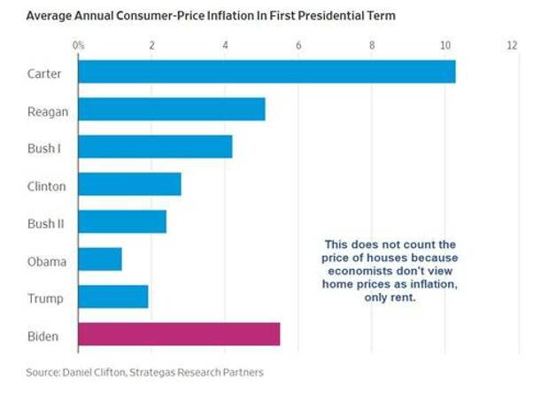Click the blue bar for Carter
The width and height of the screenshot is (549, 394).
click(x=267, y=72)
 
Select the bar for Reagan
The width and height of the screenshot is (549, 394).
click(x=172, y=109)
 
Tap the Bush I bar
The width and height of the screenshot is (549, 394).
click(x=155, y=147)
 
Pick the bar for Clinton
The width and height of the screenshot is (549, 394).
click(x=129, y=184)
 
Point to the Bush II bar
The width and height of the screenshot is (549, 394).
click(x=122, y=221)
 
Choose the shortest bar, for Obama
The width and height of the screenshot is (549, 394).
click(x=100, y=259)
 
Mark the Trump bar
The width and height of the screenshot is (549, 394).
click(x=113, y=297)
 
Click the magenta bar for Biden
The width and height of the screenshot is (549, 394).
click(x=179, y=335)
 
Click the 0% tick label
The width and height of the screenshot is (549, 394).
click(x=78, y=44)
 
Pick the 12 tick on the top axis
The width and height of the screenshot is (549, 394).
click(x=512, y=44)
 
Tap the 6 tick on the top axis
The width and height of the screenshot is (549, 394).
click(x=298, y=44)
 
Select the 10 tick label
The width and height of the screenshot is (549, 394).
click(x=445, y=44)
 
